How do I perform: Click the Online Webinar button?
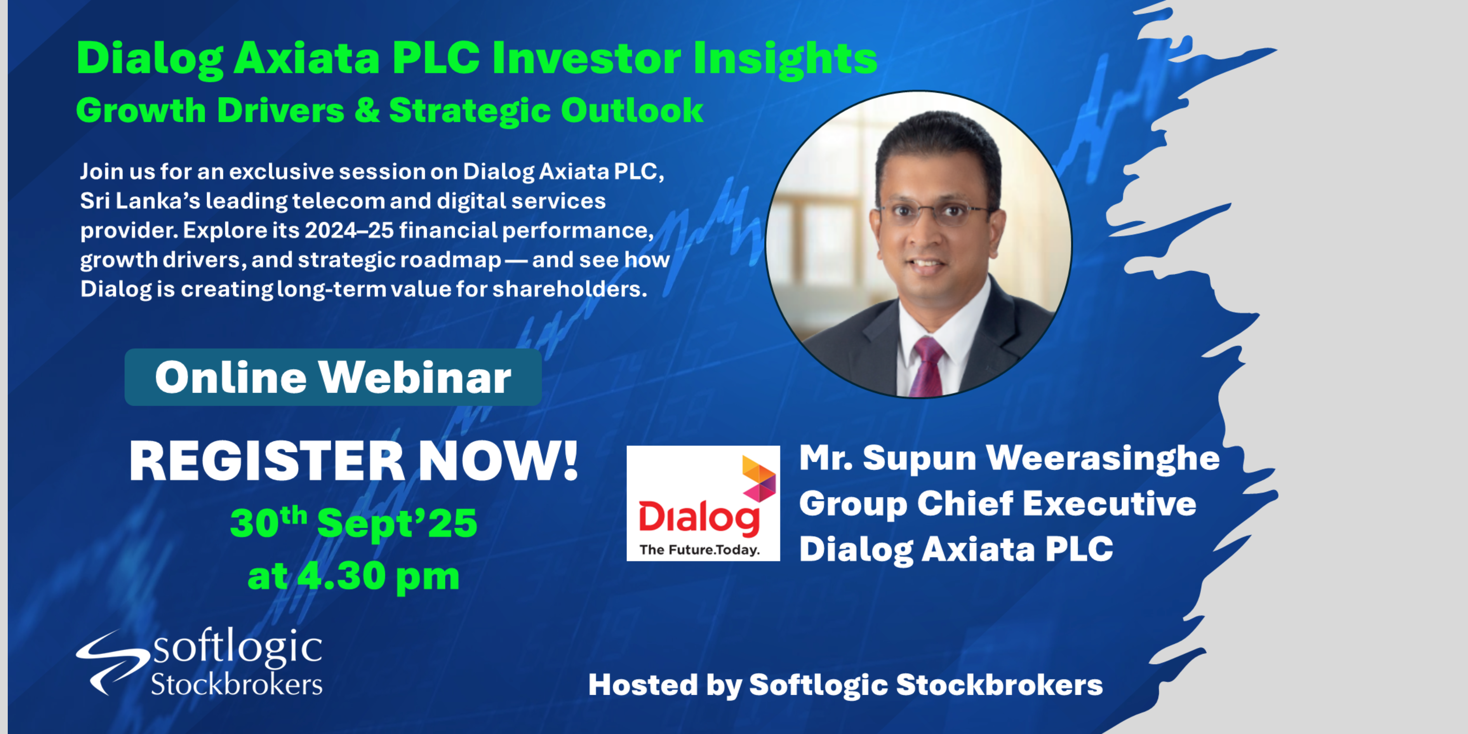333,377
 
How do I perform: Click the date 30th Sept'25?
353,522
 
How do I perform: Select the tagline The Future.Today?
700,550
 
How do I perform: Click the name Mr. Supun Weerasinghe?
1009,458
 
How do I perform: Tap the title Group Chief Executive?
998,504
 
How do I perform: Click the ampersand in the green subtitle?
367,110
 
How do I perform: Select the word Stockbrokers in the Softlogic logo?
237,684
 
